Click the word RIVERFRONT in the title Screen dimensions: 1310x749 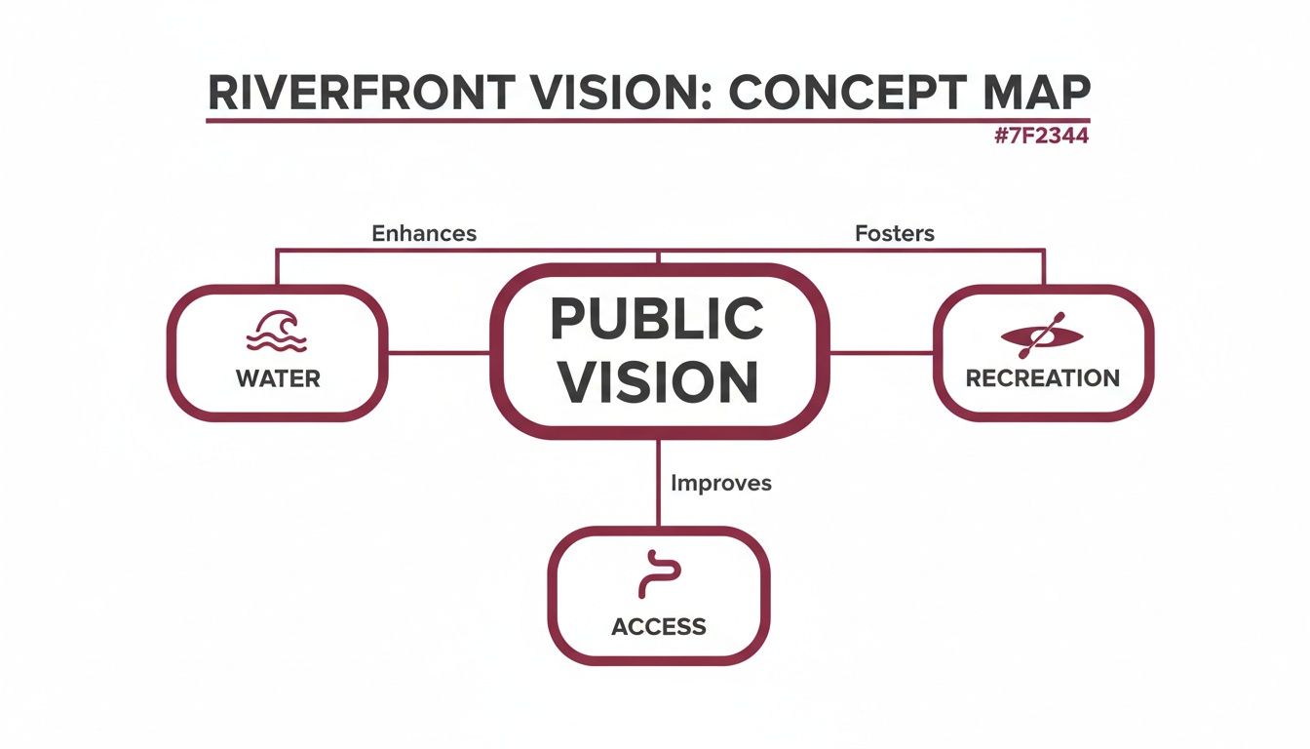[361, 93]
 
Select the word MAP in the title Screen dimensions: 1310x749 [1036, 93]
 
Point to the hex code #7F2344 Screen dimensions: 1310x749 [1042, 136]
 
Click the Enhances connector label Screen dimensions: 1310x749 [424, 233]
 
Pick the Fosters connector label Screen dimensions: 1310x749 [895, 233]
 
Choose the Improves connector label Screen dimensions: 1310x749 [721, 484]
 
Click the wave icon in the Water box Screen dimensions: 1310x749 [276, 331]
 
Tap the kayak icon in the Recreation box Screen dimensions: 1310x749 [1042, 335]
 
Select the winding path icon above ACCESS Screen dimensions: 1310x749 [660, 574]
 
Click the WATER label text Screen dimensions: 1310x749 [278, 378]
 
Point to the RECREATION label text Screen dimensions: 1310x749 [1043, 378]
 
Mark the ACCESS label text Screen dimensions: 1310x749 [659, 627]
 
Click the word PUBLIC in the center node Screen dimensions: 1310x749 [657, 319]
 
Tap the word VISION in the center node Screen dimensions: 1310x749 [658, 381]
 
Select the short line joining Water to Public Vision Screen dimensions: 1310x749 [439, 353]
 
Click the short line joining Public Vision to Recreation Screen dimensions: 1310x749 [881, 353]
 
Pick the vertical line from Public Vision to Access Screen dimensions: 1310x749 [659, 484]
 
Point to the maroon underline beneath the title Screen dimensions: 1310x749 [648, 121]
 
